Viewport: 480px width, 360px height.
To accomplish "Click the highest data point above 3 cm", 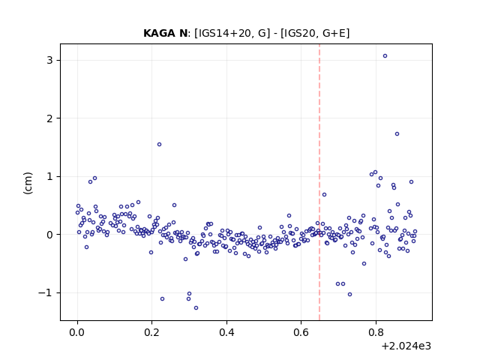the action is point(385,55).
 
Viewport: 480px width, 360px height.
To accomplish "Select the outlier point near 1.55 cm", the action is point(159,144).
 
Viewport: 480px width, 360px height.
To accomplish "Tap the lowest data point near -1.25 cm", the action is point(196,307).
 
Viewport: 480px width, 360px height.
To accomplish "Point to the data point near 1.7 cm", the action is point(397,133).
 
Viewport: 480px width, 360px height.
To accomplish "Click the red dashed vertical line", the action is point(319,182).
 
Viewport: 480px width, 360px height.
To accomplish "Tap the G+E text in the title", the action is point(334,33).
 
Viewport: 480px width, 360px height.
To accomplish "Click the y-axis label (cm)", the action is point(28,183).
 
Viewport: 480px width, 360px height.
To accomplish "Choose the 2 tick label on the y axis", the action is point(49,118).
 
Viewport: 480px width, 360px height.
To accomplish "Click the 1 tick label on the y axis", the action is point(49,177).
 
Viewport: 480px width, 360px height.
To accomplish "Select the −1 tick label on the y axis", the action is point(45,293).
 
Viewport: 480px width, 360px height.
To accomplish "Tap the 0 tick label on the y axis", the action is point(49,235).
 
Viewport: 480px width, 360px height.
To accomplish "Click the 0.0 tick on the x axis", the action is point(77,332).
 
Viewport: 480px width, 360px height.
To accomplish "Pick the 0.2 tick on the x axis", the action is point(151,332).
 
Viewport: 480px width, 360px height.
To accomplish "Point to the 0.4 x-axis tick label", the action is point(226,332).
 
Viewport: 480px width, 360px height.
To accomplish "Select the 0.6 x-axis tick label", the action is point(301,332).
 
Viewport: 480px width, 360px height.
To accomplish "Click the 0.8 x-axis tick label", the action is point(376,332).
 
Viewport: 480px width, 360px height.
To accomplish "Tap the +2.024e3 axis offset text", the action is point(406,346).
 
